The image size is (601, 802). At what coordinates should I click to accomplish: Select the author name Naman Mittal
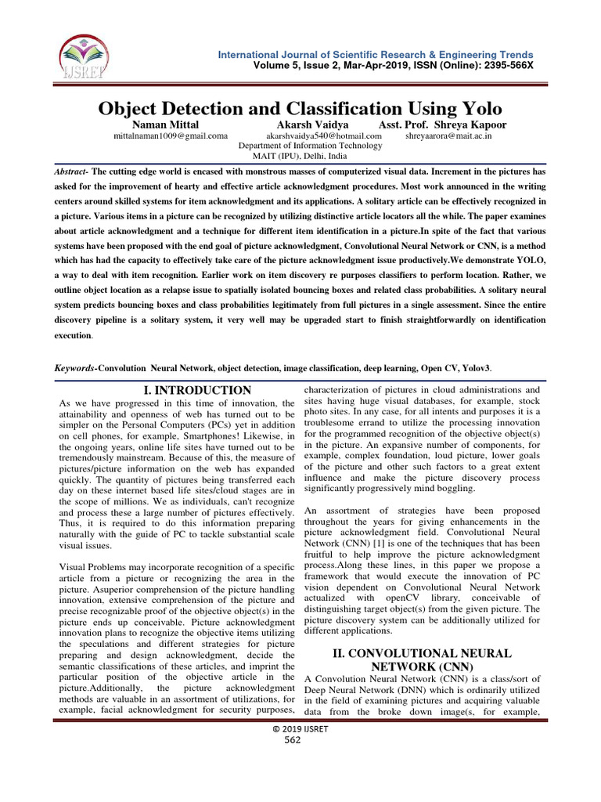click(x=167, y=125)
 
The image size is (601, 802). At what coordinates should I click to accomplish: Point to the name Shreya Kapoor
click(x=465, y=125)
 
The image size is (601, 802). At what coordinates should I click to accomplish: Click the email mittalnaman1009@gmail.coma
click(x=171, y=136)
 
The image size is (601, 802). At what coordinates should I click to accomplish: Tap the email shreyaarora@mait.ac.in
click(x=448, y=136)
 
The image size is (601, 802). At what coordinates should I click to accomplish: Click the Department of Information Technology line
click(x=310, y=146)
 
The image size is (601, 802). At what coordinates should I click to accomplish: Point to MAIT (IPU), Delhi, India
click(x=310, y=156)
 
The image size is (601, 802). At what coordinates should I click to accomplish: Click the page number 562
click(x=300, y=739)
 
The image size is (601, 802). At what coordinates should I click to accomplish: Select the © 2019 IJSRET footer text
click(x=300, y=729)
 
